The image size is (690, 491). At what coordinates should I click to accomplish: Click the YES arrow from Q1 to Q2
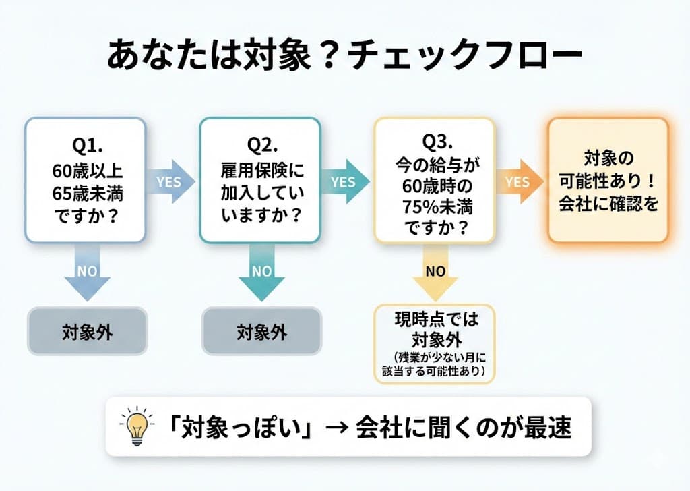coord(170,181)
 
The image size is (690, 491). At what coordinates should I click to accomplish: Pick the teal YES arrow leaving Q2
coord(344,181)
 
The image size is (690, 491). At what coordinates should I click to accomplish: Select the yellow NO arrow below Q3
coord(435,271)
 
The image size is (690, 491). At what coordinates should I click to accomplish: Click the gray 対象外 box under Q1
coord(87,331)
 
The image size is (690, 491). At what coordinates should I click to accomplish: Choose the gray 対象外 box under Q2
coord(261,331)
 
